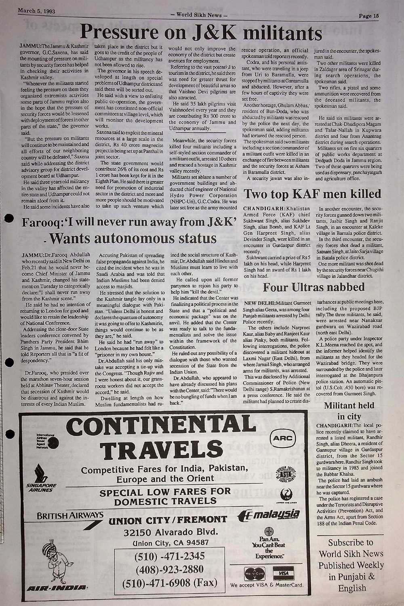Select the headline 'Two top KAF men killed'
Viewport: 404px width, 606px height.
pyautogui.click(x=312, y=194)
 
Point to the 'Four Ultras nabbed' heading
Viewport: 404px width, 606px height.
pyautogui.click(x=314, y=287)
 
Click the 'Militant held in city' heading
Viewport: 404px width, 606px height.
pyautogui.click(x=349, y=410)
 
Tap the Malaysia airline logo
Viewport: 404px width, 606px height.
pyautogui.click(x=270, y=515)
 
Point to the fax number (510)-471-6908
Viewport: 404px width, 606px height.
pyautogui.click(x=170, y=583)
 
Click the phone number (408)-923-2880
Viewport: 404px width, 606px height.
pyautogui.click(x=170, y=569)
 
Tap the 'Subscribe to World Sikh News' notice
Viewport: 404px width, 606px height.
pyautogui.click(x=351, y=565)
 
